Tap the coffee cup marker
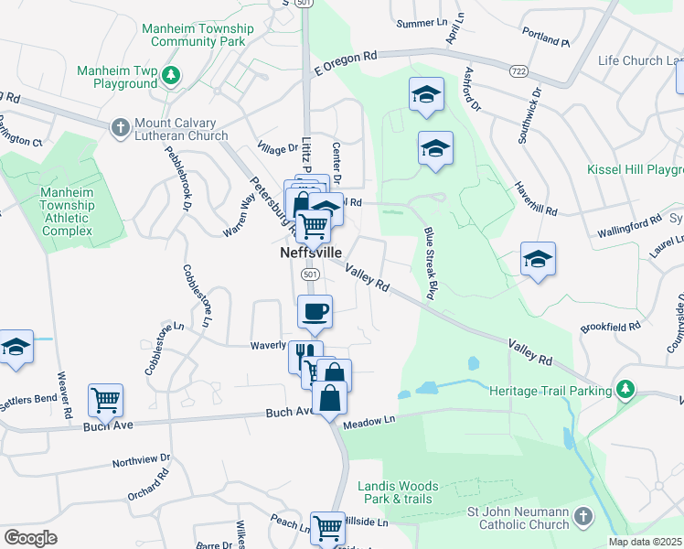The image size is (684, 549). point(315,311)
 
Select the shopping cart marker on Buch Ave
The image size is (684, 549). point(105,399)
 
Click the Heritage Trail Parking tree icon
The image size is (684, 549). point(625,391)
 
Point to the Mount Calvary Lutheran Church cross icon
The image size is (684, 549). point(119,129)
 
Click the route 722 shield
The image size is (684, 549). point(519,70)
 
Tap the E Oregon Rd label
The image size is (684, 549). point(346,63)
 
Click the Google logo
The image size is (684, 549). point(30,538)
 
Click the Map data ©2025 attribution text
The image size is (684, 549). point(645,542)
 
